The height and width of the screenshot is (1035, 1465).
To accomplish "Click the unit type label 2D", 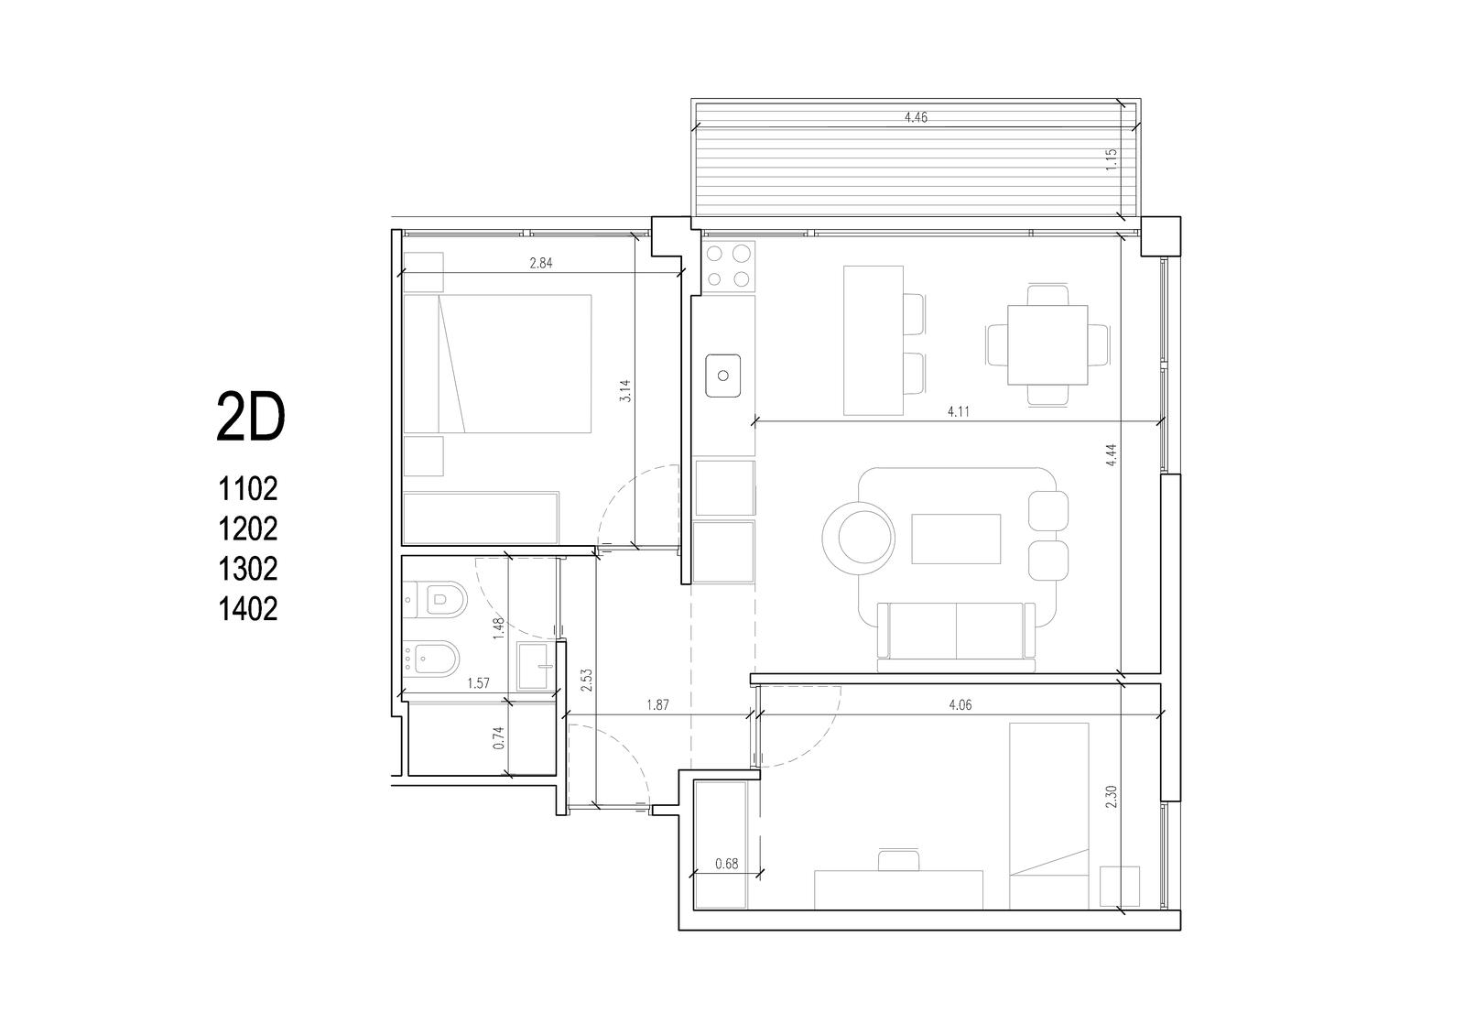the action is coord(251,417).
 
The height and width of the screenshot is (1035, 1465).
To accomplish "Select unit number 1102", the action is coord(248,489).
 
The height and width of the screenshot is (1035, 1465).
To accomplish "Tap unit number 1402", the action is coord(248,608).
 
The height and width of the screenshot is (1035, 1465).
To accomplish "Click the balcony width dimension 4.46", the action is coord(916,118).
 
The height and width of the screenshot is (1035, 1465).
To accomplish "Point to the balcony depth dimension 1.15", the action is coord(1112,160).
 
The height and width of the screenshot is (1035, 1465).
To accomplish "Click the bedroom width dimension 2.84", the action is coord(541,263).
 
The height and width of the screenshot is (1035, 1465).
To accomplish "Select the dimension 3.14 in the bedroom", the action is coord(625,390).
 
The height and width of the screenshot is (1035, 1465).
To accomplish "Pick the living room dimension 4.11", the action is coord(958,411).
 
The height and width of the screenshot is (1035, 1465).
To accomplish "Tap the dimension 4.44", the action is coord(1112,455).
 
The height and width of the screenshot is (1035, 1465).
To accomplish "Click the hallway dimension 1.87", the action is coord(657,704).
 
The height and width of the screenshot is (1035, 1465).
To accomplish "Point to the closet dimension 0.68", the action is coord(727,864).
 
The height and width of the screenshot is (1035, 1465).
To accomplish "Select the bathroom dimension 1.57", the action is coord(478,683).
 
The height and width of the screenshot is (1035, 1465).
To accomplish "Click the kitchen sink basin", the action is coord(722,376).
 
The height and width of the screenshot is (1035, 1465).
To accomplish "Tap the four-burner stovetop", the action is coord(728,267).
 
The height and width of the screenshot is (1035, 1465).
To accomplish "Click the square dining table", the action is coord(1047,344).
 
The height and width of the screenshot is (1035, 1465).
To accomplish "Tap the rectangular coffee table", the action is coord(956,539).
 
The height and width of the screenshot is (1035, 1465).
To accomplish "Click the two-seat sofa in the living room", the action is coord(956,636).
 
